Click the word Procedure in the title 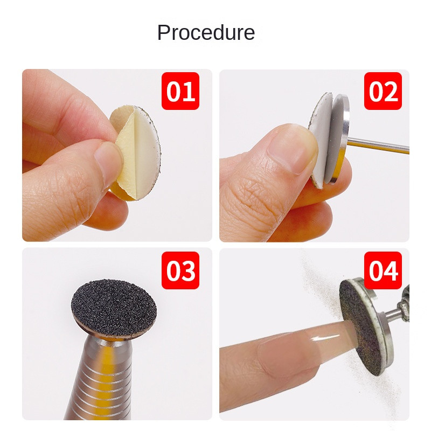pyautogui.click(x=206, y=32)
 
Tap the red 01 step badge pyautogui.click(x=180, y=91)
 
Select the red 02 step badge pyautogui.click(x=383, y=91)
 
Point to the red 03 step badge pyautogui.click(x=180, y=270)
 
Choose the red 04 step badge pyautogui.click(x=383, y=270)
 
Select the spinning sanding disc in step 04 pyautogui.click(x=360, y=327)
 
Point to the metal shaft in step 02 pyautogui.click(x=378, y=145)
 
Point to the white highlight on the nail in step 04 pyautogui.click(x=326, y=338)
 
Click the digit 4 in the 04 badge pyautogui.click(x=391, y=271)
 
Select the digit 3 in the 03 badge pyautogui.click(x=188, y=271)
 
